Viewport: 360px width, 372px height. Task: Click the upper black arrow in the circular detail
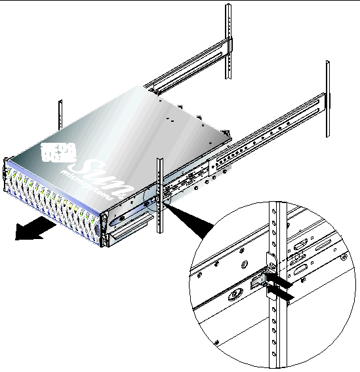point(280,280)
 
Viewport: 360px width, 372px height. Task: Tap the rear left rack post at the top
point(228,39)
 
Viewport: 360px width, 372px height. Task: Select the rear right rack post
point(327,98)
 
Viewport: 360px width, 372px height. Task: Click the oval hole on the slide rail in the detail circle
point(233,294)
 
